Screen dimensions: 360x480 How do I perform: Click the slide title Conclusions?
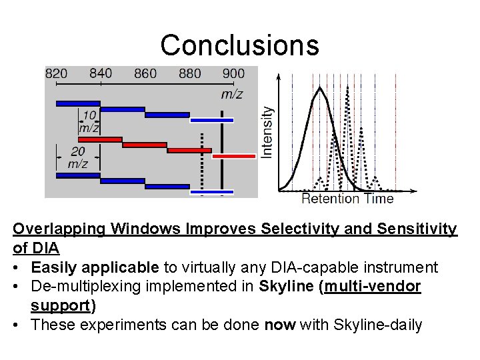239,45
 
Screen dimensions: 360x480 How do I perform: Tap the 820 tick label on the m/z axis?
56,73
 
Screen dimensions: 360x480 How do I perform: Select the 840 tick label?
101,73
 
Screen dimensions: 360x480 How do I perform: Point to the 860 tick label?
145,73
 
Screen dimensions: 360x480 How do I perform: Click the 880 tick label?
190,73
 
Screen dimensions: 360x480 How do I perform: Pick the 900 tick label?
233,73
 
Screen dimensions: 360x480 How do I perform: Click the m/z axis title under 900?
231,94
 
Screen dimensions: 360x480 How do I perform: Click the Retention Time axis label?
347,198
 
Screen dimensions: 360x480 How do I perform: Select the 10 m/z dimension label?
89,121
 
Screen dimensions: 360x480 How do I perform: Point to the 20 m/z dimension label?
78,157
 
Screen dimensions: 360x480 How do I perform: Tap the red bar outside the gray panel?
234,156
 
